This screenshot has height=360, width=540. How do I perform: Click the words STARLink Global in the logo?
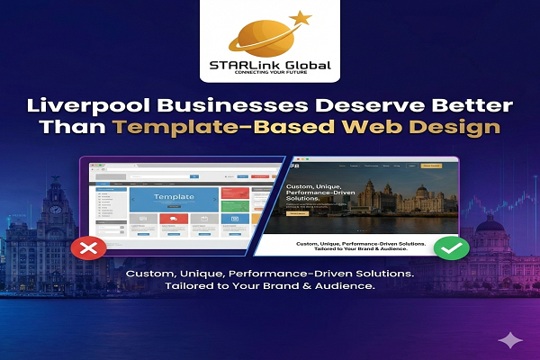269,65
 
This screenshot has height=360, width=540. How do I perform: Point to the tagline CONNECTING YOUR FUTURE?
269,76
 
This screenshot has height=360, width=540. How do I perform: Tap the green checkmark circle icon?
452,247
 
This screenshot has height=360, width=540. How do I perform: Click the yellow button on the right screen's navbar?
431,166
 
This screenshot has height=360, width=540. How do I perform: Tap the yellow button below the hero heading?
297,213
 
